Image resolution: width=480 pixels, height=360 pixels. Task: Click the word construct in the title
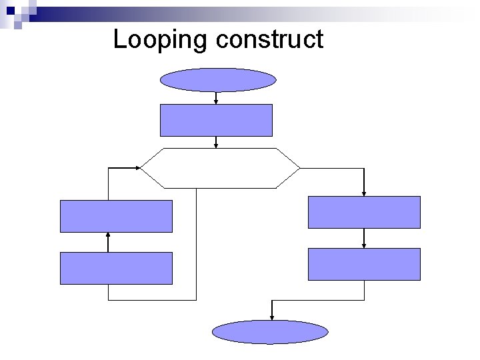[x=269, y=40]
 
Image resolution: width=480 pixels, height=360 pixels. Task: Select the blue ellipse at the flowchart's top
[x=218, y=80]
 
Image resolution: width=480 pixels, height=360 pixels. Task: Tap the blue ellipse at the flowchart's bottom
[x=270, y=332]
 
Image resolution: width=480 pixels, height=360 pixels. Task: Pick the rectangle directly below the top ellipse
[x=216, y=120]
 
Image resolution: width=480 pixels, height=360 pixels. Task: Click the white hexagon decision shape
[x=220, y=167]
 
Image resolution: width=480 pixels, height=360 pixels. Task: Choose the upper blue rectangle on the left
[x=116, y=216]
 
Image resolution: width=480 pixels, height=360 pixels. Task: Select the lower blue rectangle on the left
[x=116, y=268]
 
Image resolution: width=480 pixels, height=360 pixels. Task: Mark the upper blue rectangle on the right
[x=364, y=212]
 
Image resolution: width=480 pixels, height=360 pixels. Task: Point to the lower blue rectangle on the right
[x=364, y=264]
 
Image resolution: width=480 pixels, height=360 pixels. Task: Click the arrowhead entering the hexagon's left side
[x=138, y=167]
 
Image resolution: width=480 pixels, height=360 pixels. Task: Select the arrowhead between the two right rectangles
[x=364, y=245]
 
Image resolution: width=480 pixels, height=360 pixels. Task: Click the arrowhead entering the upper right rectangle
[x=364, y=193]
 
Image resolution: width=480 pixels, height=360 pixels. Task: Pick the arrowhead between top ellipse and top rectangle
[x=216, y=101]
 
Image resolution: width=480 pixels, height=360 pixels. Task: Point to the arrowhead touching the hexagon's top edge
[x=216, y=145]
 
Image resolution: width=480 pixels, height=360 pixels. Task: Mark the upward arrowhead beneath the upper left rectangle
[x=108, y=235]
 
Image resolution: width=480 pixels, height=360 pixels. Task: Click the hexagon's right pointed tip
[x=300, y=167]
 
